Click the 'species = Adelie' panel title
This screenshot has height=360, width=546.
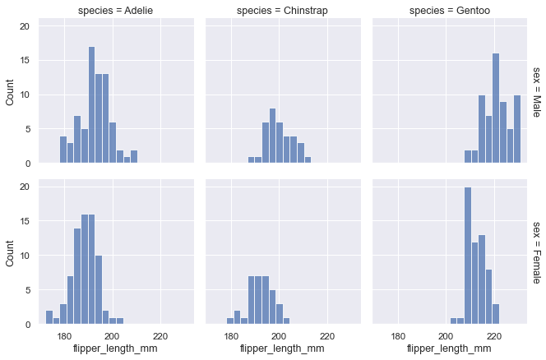116,11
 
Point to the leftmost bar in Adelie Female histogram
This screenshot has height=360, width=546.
49,317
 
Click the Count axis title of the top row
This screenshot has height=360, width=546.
10,92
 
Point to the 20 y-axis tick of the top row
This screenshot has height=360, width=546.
25,26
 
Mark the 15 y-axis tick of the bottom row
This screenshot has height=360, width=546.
25,221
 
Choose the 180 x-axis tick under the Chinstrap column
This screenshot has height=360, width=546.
231,335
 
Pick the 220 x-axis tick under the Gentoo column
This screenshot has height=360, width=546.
493,335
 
